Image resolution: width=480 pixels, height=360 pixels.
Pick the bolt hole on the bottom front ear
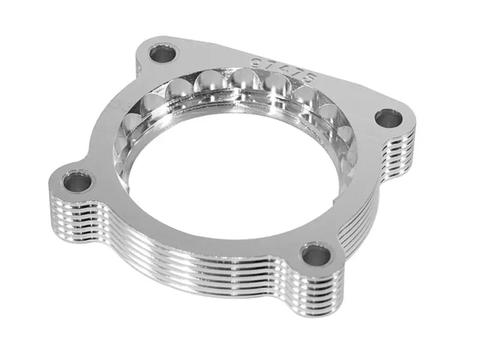click(314, 256)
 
